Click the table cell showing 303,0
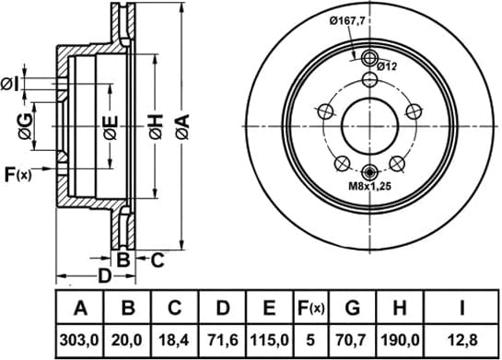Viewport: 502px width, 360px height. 79,341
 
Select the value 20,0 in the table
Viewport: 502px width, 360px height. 126,341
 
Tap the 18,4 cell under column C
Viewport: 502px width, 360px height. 174,341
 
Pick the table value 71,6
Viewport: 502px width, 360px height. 223,341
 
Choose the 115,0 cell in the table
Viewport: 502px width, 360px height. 270,341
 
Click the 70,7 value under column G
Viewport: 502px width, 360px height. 353,341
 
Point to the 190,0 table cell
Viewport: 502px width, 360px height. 400,341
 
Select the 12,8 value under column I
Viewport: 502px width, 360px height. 462,341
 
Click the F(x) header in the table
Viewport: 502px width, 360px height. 310,308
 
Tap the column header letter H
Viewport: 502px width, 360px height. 400,308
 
